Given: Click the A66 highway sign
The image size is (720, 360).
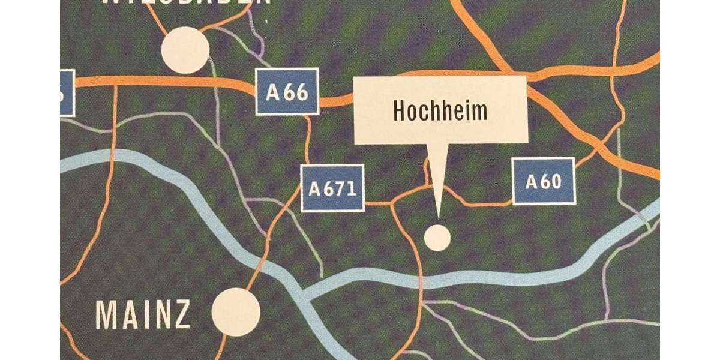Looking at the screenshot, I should (x=287, y=92).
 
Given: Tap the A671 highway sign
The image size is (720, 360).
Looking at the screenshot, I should (x=332, y=188).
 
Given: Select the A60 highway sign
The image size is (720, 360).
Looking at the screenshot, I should (x=544, y=181).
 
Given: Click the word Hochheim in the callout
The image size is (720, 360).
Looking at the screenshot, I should (x=440, y=110).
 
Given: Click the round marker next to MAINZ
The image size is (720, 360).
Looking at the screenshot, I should (x=236, y=311).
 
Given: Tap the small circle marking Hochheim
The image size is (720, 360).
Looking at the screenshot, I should (x=437, y=237).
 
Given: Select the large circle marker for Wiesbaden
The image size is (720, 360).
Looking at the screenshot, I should (x=186, y=50).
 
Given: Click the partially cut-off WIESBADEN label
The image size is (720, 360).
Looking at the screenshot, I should (x=186, y=3).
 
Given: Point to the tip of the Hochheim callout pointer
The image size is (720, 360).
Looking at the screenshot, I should (x=437, y=216).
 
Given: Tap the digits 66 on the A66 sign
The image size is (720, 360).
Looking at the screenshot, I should (x=295, y=92).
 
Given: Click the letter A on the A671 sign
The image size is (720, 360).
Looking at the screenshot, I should (x=315, y=188).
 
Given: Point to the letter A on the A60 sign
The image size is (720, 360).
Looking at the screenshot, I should (x=532, y=181).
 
